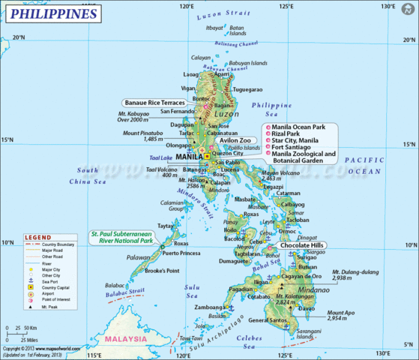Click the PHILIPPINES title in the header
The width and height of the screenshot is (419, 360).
(x=53, y=14)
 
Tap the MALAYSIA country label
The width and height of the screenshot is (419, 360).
(x=126, y=339)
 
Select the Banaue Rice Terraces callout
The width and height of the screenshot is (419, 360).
(x=157, y=103)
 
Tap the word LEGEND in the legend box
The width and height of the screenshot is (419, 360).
(x=39, y=237)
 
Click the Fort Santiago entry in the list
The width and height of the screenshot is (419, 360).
(x=289, y=146)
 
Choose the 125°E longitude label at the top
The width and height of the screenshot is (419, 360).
(x=286, y=7)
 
